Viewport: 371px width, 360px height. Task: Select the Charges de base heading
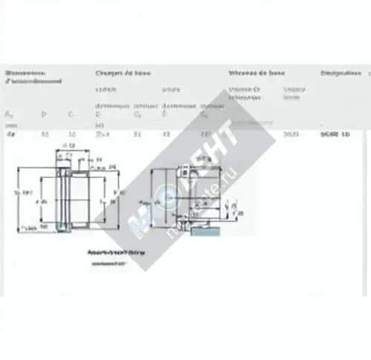[x=122, y=73]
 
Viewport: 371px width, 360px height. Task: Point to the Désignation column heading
[x=341, y=73]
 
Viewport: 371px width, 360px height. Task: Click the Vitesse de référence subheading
[x=245, y=93]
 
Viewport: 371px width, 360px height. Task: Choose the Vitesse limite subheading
[x=293, y=93]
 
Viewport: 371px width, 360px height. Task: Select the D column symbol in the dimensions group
[x=44, y=114]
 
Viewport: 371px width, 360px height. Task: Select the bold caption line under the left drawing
[x=105, y=252]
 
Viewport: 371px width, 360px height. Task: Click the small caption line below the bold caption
[x=105, y=262]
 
